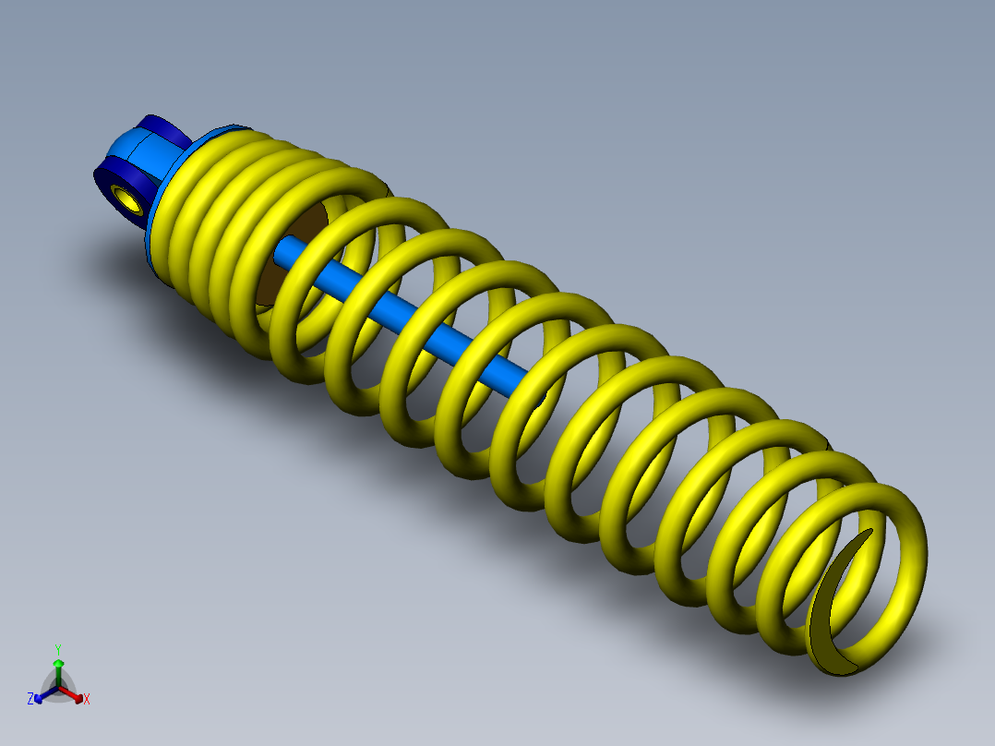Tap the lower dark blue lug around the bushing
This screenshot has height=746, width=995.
pyautogui.click(x=111, y=175)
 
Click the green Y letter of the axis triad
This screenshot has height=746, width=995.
pyautogui.click(x=57, y=649)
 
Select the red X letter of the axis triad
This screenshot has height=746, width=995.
pyautogui.click(x=87, y=700)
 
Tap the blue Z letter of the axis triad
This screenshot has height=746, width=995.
pyautogui.click(x=30, y=699)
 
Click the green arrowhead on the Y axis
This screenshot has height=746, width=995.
pyautogui.click(x=58, y=663)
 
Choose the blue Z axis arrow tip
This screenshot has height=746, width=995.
pyautogui.click(x=39, y=696)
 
